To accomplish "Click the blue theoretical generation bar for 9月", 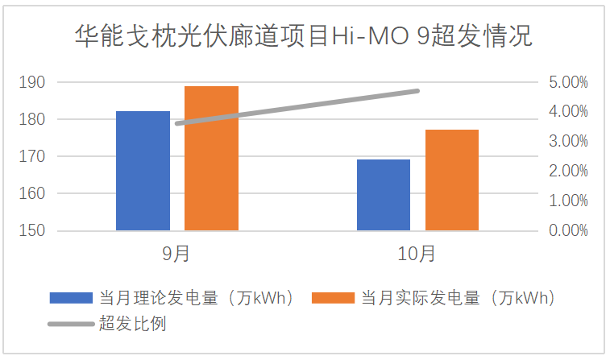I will (x=143, y=171).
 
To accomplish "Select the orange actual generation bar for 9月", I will (x=211, y=159).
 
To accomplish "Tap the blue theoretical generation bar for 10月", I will (x=384, y=195).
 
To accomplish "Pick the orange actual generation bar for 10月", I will (x=452, y=180).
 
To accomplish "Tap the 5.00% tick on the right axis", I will (x=567, y=82).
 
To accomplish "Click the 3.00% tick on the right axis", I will (x=567, y=141).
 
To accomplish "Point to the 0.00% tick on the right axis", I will (x=567, y=230).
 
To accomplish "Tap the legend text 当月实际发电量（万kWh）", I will (x=459, y=297).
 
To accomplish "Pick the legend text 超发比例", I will (x=132, y=324).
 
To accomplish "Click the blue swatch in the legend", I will (x=71, y=297).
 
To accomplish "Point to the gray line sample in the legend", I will (x=71, y=324).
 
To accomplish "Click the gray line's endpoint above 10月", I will (x=417, y=91).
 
